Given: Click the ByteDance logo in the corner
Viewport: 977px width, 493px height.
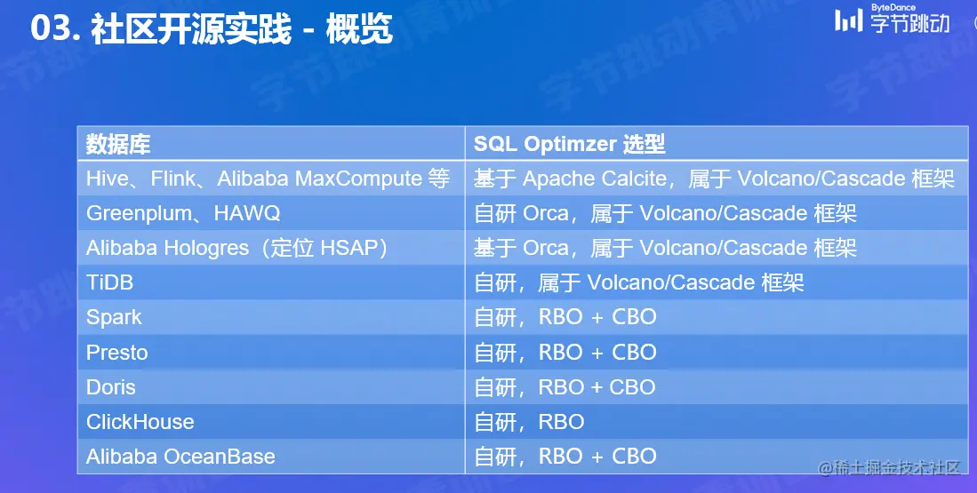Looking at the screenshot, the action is (x=893, y=19).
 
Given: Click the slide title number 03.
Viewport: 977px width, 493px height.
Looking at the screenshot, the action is (x=55, y=28).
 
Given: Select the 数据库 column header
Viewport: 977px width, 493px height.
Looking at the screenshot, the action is (x=117, y=145).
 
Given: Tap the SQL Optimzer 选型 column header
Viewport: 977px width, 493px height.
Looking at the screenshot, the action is (x=569, y=145).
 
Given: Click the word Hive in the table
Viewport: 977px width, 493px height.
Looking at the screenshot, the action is (x=108, y=179).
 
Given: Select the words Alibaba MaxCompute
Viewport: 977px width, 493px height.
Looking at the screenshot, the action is (x=320, y=179).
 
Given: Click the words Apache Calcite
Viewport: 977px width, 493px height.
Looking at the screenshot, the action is (x=595, y=179).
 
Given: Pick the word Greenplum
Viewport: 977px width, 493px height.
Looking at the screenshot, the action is (x=140, y=214).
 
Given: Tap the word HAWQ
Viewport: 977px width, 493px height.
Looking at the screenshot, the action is (x=247, y=214).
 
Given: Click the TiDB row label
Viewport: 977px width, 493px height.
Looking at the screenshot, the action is (x=109, y=282).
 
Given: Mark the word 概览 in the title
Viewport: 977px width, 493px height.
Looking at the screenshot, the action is (x=359, y=29).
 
